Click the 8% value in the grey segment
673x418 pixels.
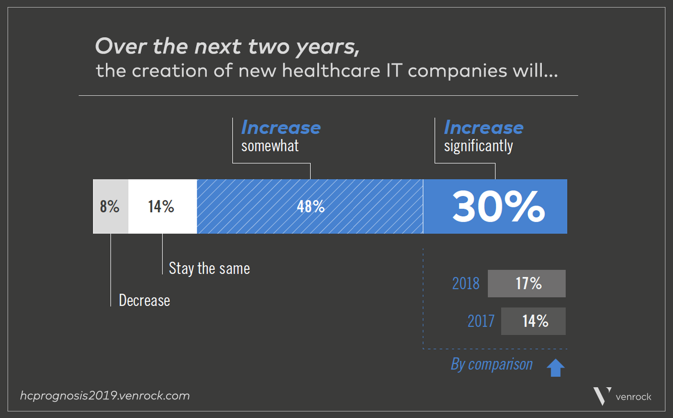point(109,206)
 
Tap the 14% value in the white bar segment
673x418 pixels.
point(161,206)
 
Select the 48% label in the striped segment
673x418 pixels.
point(311,206)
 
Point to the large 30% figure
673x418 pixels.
point(498,206)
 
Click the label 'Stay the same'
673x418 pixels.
point(209,268)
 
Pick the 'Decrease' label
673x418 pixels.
point(144,301)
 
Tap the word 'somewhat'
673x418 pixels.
point(270,146)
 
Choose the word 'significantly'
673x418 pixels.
point(478,146)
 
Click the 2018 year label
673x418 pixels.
point(466,283)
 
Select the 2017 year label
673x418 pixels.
point(481,321)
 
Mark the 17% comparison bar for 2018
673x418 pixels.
point(527,283)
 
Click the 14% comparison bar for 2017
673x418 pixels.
point(533,321)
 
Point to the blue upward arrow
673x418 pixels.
point(555,368)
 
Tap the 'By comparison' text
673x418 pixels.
point(491,364)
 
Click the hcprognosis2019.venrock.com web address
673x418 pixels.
point(105,396)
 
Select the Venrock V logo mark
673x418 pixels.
point(602,396)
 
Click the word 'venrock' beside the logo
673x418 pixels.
point(633,397)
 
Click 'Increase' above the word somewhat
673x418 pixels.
point(281,128)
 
